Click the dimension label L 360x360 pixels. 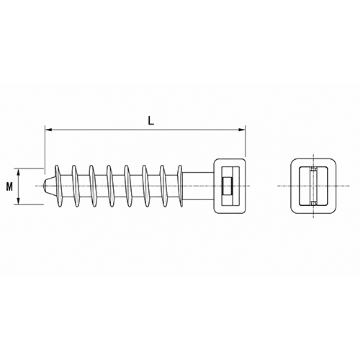150,121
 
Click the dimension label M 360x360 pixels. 9,186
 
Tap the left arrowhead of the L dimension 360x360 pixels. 48,130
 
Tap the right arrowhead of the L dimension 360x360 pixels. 242,130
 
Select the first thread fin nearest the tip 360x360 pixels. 58,186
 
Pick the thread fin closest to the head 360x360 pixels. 180,186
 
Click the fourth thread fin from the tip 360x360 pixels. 110,186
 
